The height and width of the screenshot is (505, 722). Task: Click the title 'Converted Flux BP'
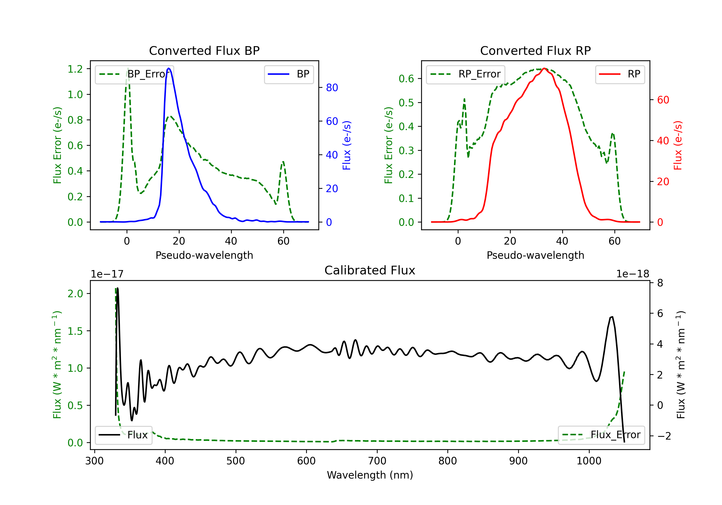[x=204, y=50]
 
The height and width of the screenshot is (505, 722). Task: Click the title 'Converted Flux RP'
[x=535, y=50]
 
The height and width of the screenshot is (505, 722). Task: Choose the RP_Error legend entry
[x=465, y=74]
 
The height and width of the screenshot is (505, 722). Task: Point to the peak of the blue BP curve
[x=169, y=68]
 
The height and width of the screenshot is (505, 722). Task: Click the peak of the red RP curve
[x=544, y=68]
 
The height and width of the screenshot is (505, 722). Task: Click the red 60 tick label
[x=663, y=100]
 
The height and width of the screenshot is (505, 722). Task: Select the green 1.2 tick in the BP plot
[x=75, y=69]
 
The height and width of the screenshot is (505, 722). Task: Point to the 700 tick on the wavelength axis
[x=377, y=461]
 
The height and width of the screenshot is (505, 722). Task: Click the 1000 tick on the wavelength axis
[x=589, y=461]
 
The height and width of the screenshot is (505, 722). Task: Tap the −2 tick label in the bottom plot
[x=664, y=436]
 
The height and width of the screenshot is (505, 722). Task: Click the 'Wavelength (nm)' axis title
[x=370, y=475]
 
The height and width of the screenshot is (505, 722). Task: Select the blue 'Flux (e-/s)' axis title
[x=347, y=145]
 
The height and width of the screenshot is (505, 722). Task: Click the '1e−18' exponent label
[x=632, y=274]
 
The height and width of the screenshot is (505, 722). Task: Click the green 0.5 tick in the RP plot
[x=406, y=103]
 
